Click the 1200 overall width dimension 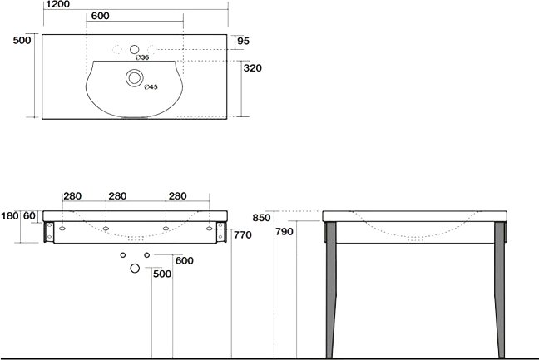click(57, 4)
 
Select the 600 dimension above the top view click(101, 16)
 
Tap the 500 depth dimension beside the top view click(22, 40)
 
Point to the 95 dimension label click(243, 41)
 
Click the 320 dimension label click(252, 68)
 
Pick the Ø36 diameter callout click(142, 57)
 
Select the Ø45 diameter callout click(151, 87)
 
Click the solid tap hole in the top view click(135, 49)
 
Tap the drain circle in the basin click(135, 77)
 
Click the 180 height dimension click(10, 216)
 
